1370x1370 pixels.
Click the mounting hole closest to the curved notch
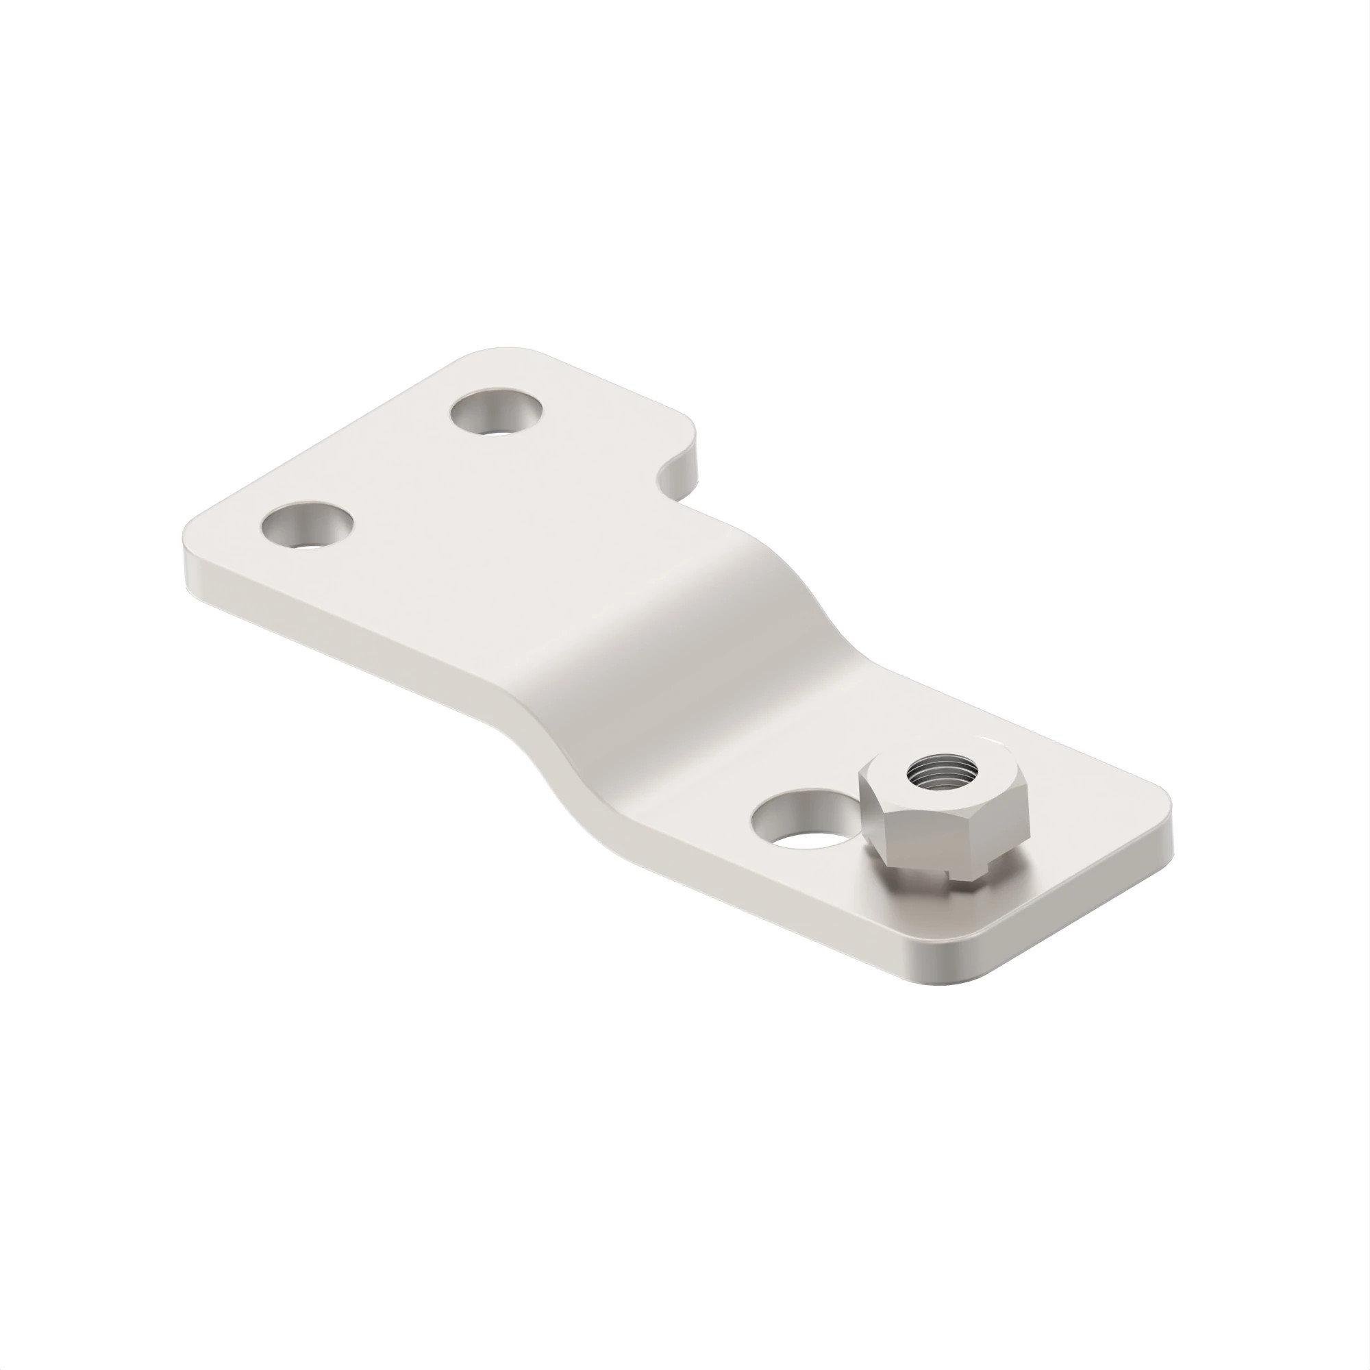(496, 412)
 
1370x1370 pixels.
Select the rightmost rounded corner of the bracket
(1163, 823)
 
